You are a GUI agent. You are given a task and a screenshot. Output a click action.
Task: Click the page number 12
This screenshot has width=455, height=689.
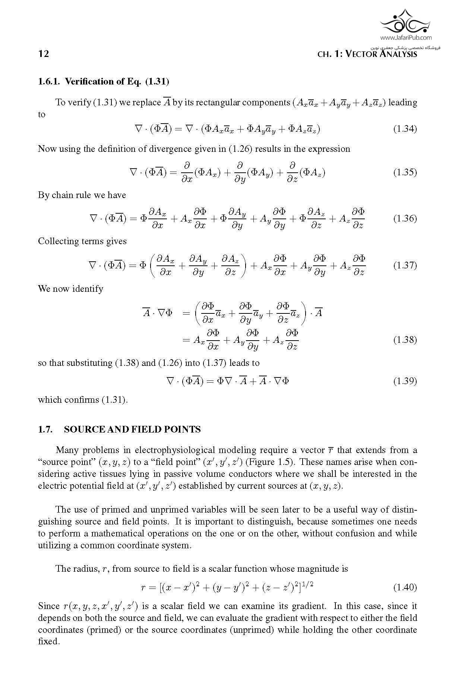(44, 54)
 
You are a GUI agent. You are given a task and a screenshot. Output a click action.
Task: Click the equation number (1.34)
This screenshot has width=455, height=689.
(405, 129)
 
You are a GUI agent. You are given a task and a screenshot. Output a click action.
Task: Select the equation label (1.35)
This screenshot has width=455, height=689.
(405, 172)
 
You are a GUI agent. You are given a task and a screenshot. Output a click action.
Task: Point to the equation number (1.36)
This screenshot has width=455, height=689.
(405, 218)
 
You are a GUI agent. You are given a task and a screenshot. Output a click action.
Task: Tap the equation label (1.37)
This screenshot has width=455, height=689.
(405, 265)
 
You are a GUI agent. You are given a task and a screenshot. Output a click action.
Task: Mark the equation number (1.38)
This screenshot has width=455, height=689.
(405, 340)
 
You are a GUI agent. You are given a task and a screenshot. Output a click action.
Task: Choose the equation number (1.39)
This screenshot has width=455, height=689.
(405, 381)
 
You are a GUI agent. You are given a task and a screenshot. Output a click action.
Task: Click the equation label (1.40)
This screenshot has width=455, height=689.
(405, 587)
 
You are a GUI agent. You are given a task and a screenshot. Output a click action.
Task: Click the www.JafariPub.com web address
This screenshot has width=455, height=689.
(406, 37)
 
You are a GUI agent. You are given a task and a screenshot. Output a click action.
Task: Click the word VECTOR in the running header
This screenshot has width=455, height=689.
(361, 54)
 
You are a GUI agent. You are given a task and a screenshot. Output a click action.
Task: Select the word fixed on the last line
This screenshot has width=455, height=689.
(48, 642)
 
